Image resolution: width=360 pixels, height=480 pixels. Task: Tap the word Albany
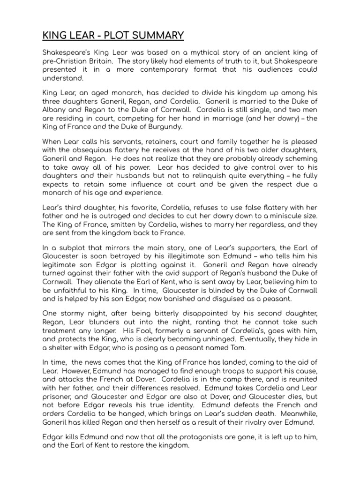point(56,110)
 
